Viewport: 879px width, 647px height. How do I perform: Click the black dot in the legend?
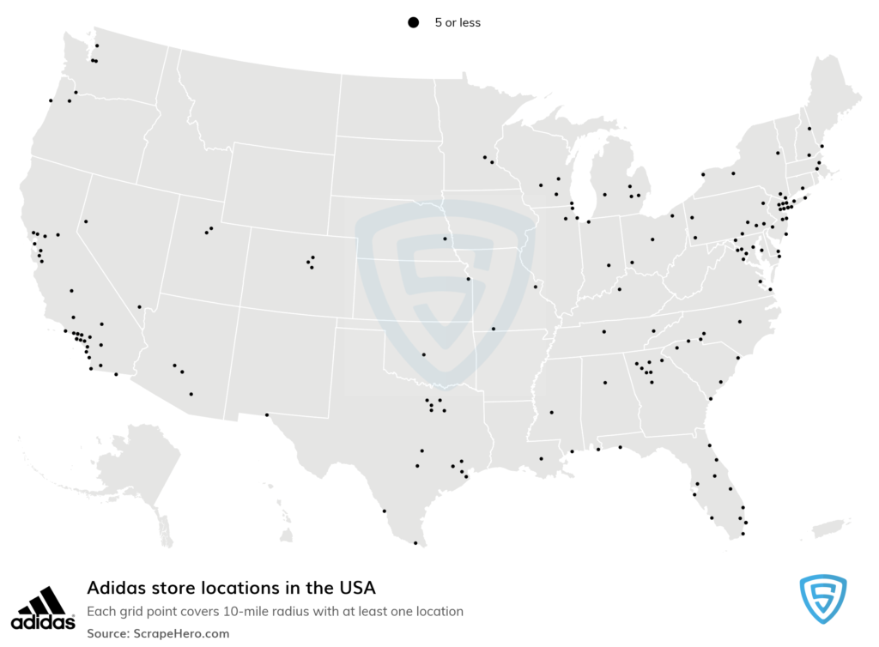click(413, 23)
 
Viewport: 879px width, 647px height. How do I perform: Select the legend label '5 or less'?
click(458, 23)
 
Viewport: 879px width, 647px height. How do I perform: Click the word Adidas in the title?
click(112, 588)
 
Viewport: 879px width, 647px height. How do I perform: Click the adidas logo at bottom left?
click(42, 607)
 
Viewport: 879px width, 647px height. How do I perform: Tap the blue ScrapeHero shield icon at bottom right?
click(822, 599)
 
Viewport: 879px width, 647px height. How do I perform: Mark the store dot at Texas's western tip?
click(267, 415)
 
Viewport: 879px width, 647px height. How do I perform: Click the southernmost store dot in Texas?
click(415, 542)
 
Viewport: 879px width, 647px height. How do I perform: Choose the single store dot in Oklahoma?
click(423, 354)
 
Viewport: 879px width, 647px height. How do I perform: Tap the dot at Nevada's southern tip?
click(139, 306)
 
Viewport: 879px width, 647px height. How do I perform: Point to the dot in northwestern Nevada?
click(86, 221)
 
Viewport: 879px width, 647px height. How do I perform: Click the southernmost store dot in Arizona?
click(191, 394)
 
